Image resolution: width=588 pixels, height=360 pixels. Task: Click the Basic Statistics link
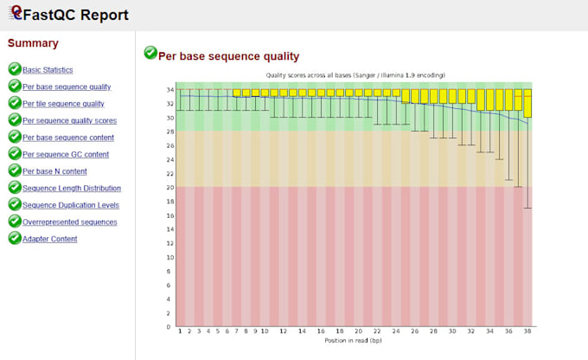[48, 70]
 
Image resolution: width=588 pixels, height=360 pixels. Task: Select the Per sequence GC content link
[66, 155]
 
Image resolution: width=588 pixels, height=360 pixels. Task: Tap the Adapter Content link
[49, 239]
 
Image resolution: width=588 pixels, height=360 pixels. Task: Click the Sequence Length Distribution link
[71, 188]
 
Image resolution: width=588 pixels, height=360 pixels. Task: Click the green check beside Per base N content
[14, 171]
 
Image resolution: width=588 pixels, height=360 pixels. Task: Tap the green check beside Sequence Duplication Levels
[14, 205]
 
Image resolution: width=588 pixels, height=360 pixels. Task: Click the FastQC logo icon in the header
[14, 14]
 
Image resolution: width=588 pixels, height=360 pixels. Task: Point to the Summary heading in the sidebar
[33, 43]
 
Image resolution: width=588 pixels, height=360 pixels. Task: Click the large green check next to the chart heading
[150, 54]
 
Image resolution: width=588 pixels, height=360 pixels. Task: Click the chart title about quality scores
[349, 75]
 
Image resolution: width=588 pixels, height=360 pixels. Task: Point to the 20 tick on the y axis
[169, 188]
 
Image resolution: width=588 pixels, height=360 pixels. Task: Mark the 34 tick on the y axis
[169, 89]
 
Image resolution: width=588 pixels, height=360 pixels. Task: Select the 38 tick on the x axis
[527, 331]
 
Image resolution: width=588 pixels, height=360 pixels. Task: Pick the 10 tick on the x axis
[263, 331]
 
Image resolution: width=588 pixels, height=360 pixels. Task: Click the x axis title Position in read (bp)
[354, 340]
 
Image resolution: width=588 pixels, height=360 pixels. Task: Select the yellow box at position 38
[527, 102]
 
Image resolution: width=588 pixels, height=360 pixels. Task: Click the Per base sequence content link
[68, 138]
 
